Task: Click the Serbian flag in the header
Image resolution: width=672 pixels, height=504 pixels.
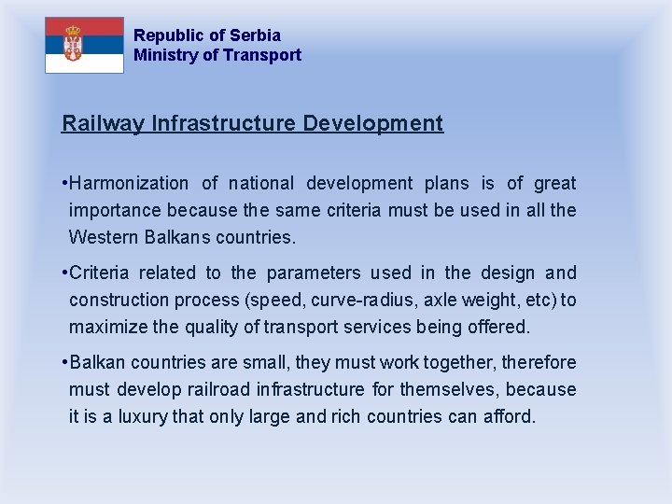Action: [x=84, y=45]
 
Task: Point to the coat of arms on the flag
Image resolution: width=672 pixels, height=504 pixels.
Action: [x=71, y=44]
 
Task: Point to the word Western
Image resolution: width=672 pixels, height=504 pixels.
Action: [x=104, y=237]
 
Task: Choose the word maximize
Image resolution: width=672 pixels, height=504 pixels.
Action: [x=105, y=327]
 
